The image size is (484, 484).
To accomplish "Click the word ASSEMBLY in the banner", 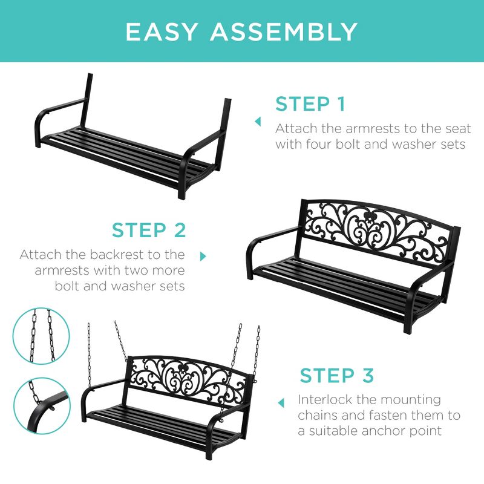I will point(284,31).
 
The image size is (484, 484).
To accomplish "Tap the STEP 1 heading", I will point(310,104).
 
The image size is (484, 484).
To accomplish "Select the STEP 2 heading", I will point(149,231).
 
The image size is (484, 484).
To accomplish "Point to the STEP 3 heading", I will point(337,375).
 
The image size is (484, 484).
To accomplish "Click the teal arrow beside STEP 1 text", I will point(258,122).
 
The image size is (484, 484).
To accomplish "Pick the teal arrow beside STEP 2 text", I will point(203,257).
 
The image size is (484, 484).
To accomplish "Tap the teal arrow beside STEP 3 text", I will point(281,402).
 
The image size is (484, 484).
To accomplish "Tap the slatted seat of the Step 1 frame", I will point(115,148).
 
